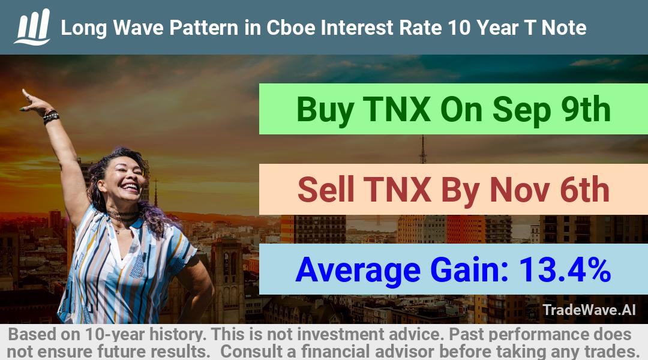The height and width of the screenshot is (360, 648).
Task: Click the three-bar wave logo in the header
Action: [x=32, y=27]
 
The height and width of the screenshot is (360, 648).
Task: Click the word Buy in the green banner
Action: [x=325, y=110]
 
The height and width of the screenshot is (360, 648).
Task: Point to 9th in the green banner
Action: [x=586, y=109]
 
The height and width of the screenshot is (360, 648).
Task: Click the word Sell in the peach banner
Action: [x=326, y=189]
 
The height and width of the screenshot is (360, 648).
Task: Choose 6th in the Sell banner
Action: [x=584, y=189]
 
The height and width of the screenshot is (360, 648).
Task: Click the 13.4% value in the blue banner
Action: [x=565, y=269]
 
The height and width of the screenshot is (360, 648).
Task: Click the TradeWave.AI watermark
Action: [x=589, y=310]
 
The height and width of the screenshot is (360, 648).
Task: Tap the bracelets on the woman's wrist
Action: [x=51, y=116]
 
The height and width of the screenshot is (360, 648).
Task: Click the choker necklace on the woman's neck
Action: [x=122, y=215]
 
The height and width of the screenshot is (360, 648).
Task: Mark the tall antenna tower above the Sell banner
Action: [x=423, y=149]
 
